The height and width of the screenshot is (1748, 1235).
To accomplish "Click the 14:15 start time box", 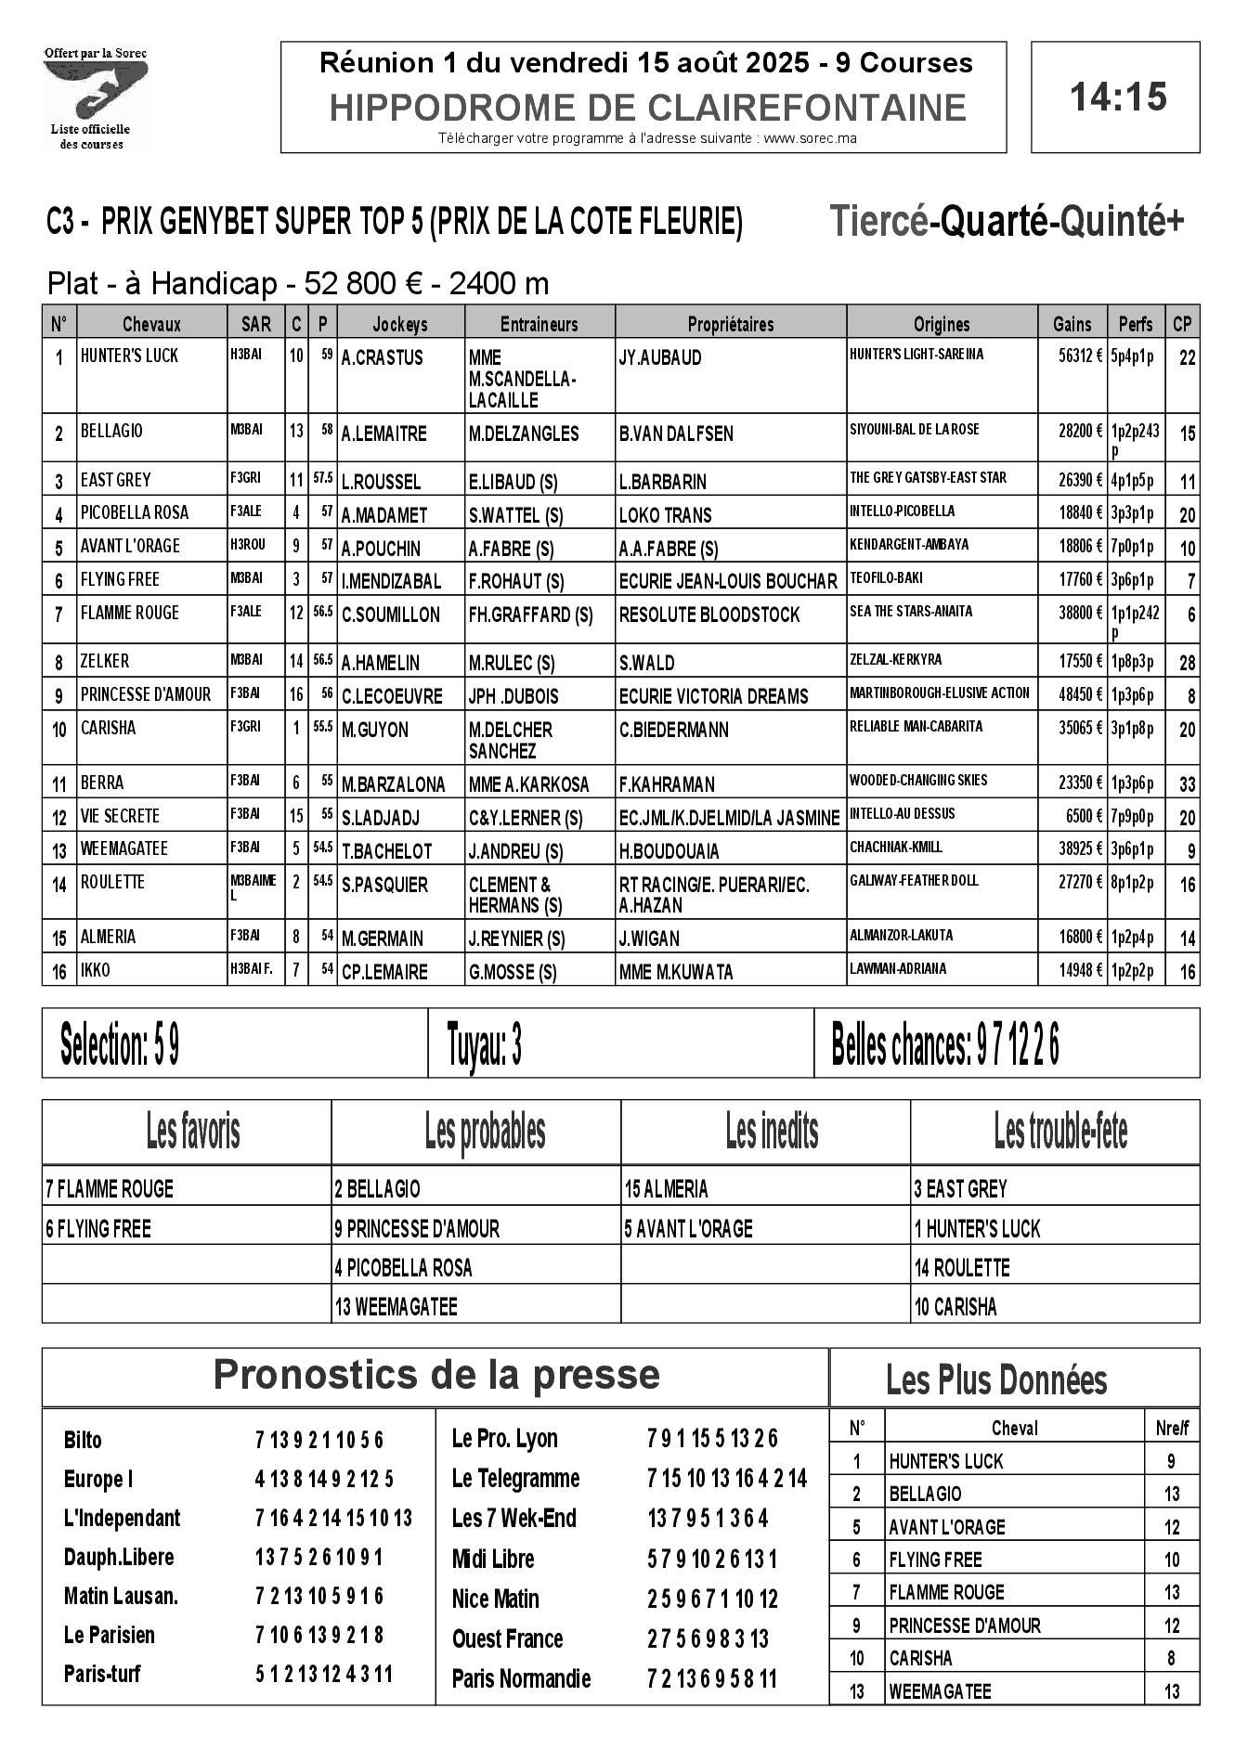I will (x=1115, y=97).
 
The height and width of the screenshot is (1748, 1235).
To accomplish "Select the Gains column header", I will (x=1072, y=324).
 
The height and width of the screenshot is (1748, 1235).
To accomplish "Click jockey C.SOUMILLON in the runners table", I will (x=390, y=615).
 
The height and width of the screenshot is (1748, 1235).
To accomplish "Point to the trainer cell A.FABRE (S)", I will (x=511, y=549).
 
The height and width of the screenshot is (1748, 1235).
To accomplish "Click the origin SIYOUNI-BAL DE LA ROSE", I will (x=914, y=429).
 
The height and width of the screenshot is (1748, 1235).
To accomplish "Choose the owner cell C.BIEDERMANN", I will (x=674, y=730).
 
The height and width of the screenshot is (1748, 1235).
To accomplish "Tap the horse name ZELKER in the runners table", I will (x=105, y=661).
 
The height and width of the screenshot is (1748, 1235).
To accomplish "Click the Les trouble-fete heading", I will (x=1060, y=1131).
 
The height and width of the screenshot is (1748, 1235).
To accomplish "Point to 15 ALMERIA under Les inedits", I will (x=666, y=1189).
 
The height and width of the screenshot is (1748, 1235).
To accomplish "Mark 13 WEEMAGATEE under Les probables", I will (x=396, y=1307).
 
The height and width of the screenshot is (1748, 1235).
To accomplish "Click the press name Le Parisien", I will (x=110, y=1635).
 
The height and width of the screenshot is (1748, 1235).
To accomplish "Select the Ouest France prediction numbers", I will (x=708, y=1638).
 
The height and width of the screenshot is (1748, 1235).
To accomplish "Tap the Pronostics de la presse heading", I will (x=436, y=1375).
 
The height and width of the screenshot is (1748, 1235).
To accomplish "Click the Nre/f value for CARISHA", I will (x=1171, y=1657).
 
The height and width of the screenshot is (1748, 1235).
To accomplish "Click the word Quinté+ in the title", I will (x=1122, y=222).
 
